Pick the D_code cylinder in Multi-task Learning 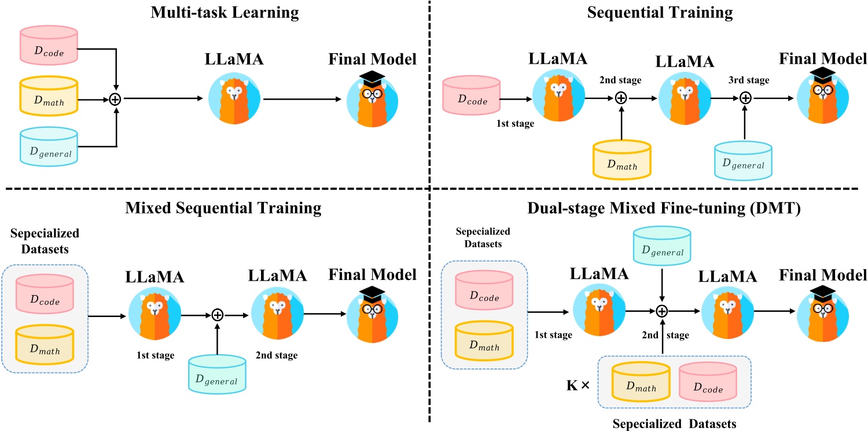(49, 46)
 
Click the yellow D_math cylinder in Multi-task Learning (49, 97)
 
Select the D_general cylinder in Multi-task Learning (49, 147)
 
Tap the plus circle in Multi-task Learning (116, 99)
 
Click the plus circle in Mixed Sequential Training (217, 315)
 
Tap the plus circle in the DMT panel (662, 311)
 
